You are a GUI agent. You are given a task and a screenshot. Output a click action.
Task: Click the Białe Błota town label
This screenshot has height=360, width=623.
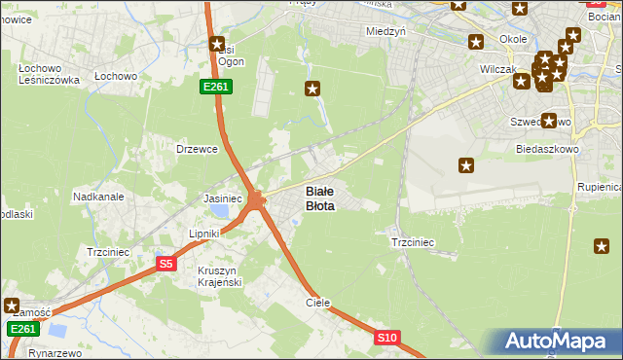[320, 198]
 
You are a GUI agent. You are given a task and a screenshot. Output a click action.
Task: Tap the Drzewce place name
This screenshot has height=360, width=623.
[196, 149]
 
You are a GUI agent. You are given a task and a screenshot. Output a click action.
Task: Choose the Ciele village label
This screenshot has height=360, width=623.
[318, 303]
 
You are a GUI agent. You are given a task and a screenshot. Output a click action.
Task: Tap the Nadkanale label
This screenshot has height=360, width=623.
[98, 196]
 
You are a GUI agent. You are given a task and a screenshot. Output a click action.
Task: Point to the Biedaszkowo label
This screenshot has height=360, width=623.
[548, 149]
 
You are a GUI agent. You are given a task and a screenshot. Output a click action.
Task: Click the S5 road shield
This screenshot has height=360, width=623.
[166, 264]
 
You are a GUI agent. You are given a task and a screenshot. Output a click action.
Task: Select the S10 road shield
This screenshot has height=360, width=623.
[387, 338]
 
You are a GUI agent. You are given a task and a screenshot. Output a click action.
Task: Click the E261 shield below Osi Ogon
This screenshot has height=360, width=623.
[215, 88]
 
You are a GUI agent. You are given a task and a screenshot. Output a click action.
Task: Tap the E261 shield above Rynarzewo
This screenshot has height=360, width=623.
[24, 329]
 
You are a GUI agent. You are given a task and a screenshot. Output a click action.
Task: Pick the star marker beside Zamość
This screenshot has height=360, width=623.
[13, 305]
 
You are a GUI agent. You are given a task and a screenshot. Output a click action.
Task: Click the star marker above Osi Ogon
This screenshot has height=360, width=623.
[218, 43]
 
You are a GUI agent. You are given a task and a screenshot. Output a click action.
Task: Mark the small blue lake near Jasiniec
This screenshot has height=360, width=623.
[222, 210]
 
